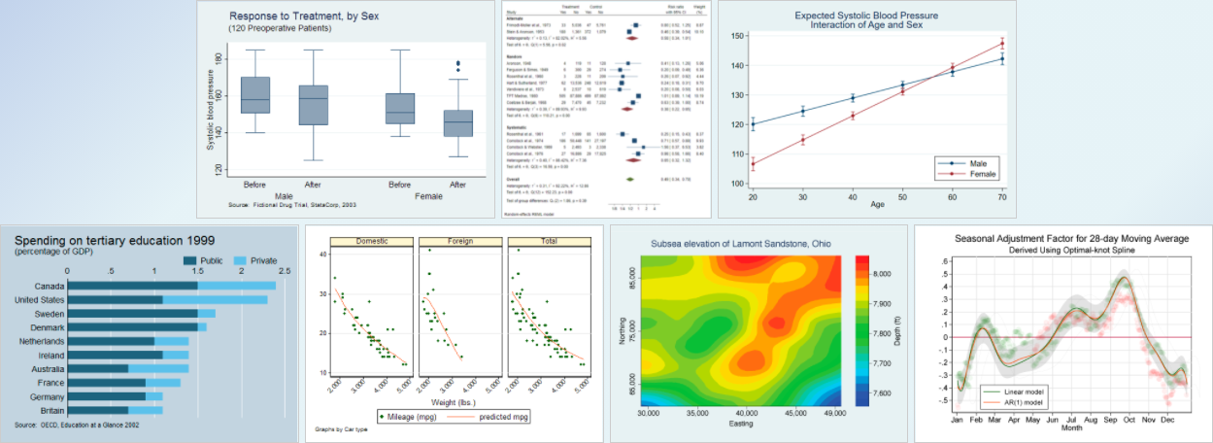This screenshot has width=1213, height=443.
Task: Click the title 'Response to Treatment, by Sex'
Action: pyautogui.click(x=292, y=17)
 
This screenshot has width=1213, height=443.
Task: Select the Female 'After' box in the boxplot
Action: pyautogui.click(x=457, y=123)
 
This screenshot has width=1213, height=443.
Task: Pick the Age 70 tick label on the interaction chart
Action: pyautogui.click(x=1002, y=197)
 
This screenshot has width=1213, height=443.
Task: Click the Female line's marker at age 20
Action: pyautogui.click(x=753, y=163)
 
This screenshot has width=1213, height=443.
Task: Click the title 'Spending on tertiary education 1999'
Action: pyautogui.click(x=115, y=240)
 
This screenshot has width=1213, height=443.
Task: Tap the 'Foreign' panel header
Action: pyautogui.click(x=460, y=241)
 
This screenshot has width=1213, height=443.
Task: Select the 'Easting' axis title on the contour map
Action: pyautogui.click(x=741, y=424)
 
